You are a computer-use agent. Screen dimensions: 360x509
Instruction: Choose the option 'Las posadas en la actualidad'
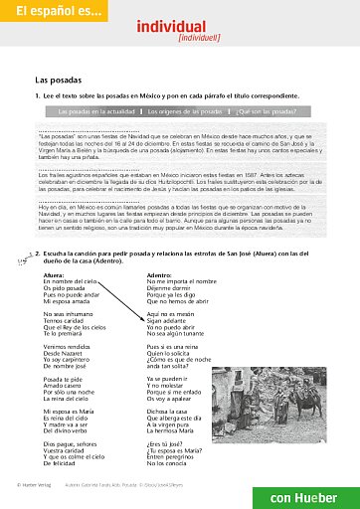click(94, 111)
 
